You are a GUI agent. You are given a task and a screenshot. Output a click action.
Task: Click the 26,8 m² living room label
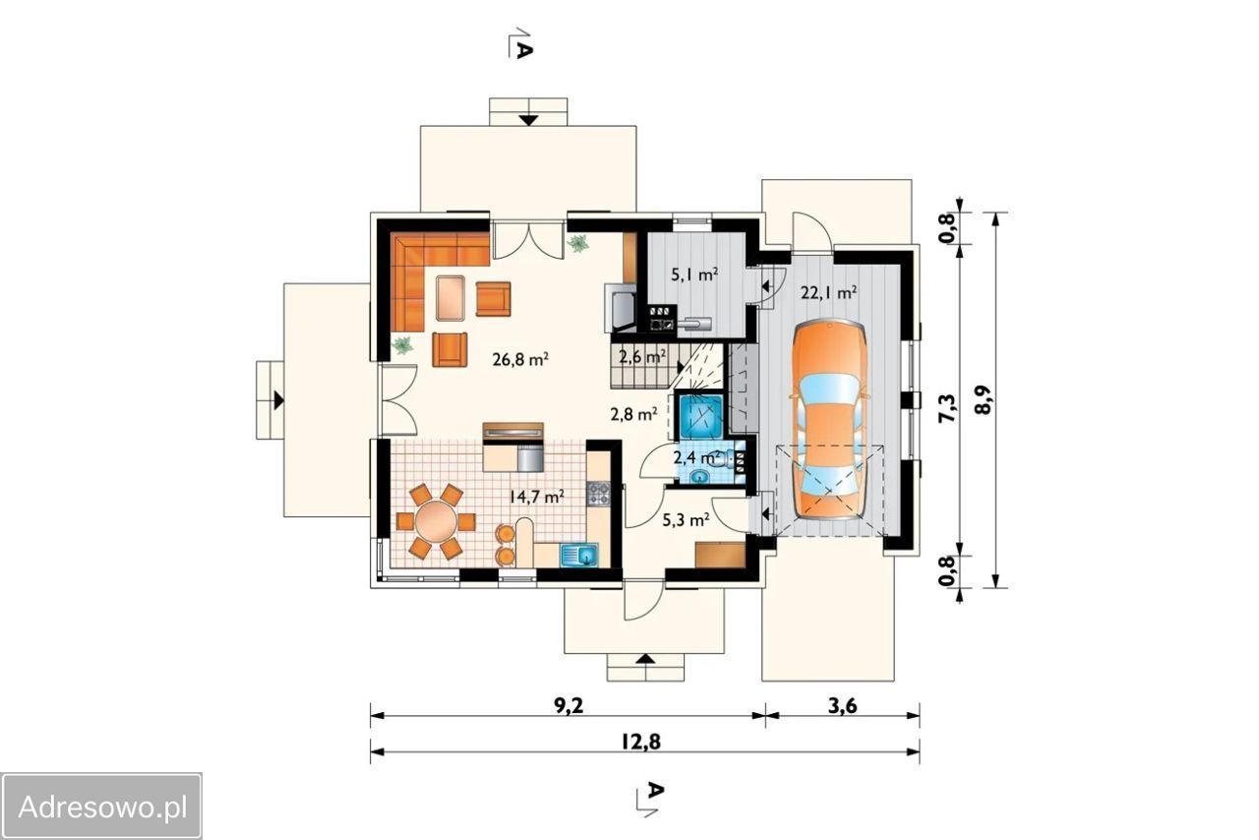(x=520, y=359)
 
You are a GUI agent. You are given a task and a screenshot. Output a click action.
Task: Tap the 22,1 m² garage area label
(x=828, y=293)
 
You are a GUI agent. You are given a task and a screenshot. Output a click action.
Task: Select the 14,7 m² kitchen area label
(x=537, y=497)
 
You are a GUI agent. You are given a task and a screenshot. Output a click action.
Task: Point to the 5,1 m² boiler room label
(x=694, y=275)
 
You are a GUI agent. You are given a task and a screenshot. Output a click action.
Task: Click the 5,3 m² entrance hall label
(x=686, y=520)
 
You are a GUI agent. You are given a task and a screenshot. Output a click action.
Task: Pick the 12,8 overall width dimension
(x=641, y=743)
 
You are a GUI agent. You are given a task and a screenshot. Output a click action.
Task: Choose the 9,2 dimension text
(x=569, y=706)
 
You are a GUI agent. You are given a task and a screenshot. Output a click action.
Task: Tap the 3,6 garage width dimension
(x=843, y=706)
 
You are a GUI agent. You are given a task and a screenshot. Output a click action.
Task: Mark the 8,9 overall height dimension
(x=984, y=400)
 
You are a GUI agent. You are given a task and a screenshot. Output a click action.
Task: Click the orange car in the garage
(x=829, y=419)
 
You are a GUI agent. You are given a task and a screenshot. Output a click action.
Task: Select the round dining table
(x=436, y=521)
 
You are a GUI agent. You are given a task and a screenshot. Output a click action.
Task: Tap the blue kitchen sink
(x=579, y=555)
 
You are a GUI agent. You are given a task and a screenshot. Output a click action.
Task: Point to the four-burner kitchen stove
(x=599, y=494)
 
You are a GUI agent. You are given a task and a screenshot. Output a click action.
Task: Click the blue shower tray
(x=701, y=417)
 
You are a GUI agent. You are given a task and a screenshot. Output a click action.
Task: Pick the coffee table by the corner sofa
(x=450, y=298)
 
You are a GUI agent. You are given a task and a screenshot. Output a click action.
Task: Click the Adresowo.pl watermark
(x=101, y=808)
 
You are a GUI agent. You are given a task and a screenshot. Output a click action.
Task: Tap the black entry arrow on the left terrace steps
(x=278, y=400)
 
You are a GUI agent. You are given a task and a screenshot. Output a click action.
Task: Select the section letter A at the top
(x=523, y=50)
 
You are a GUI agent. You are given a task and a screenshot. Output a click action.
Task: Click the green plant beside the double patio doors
(x=577, y=244)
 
